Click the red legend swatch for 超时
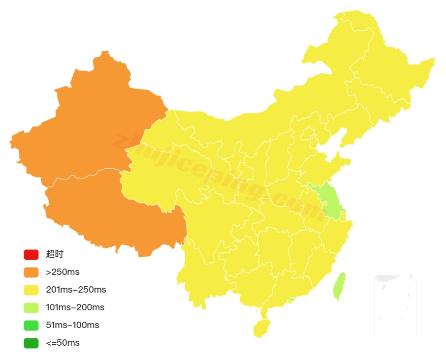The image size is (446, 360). [x=31, y=255]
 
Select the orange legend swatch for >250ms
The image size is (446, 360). [x=31, y=272]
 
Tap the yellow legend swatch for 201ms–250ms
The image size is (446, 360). [x=31, y=290]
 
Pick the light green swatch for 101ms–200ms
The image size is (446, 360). [x=31, y=308]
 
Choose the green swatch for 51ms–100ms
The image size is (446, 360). [x=31, y=326]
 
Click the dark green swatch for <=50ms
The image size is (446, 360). [x=31, y=343]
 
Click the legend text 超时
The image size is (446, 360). [x=55, y=254]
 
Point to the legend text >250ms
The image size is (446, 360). [x=63, y=272]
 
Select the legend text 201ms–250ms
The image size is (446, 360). [x=76, y=290]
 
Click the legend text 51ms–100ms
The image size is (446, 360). [x=72, y=325]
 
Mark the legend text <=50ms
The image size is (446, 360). [x=63, y=343]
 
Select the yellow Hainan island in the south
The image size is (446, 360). [x=262, y=328]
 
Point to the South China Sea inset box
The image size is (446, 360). [x=395, y=305]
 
